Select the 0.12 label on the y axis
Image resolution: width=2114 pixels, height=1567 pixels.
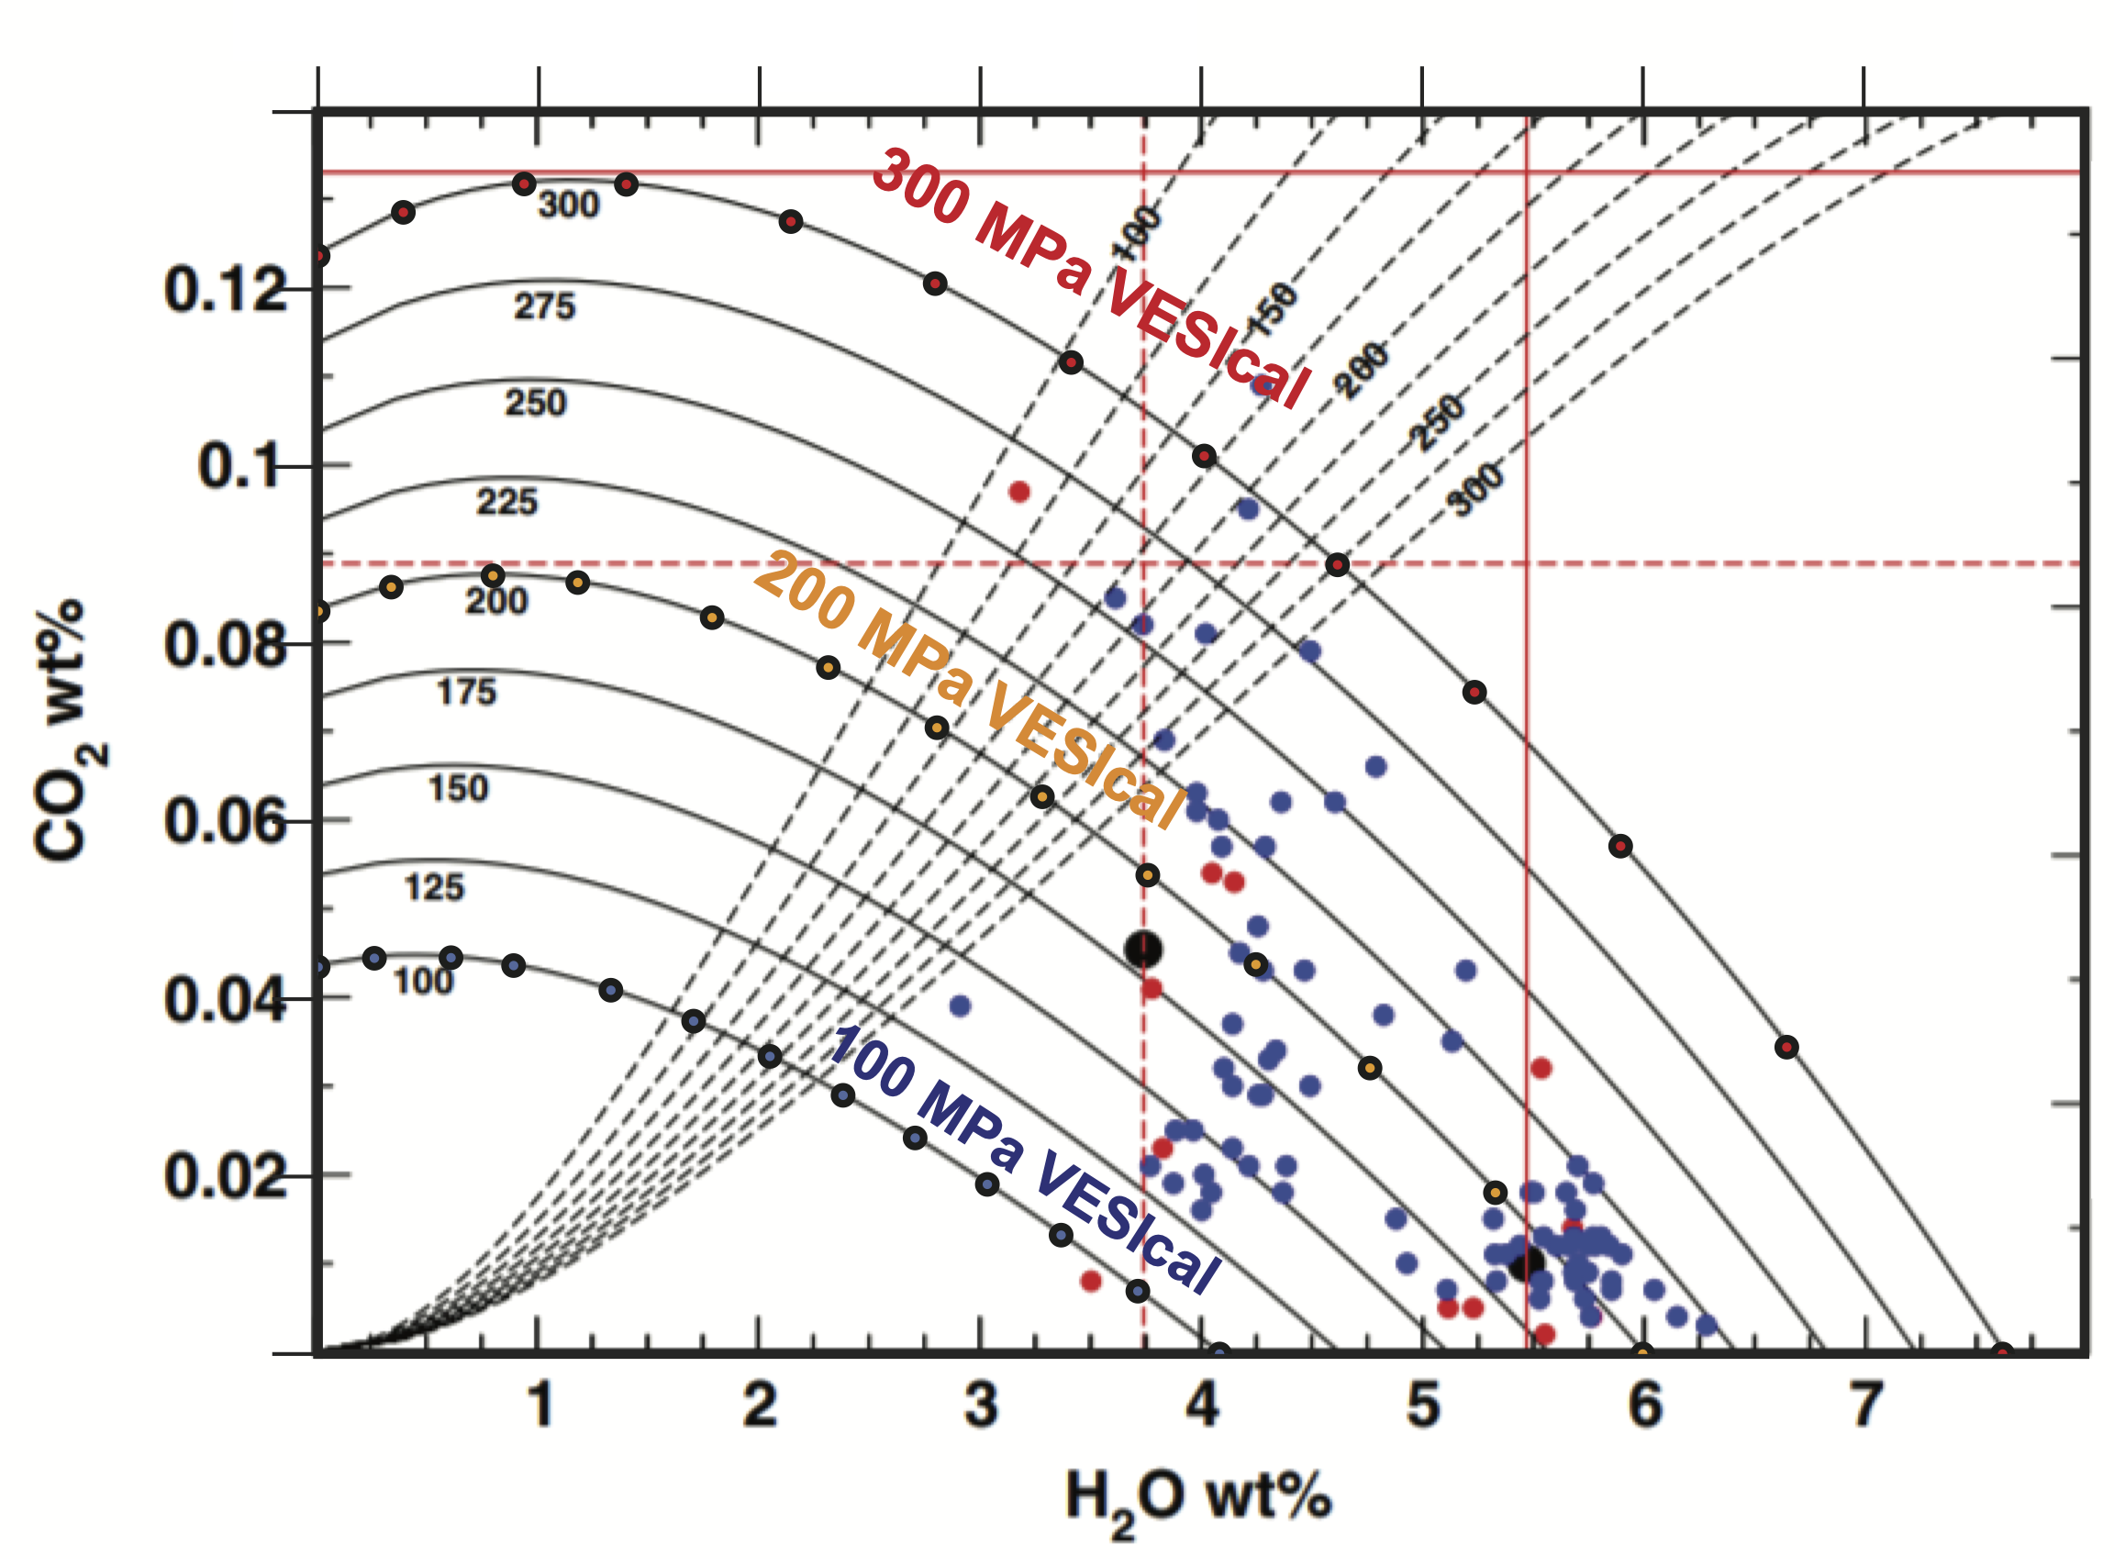(224, 289)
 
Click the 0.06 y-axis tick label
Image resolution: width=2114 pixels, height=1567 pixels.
(224, 821)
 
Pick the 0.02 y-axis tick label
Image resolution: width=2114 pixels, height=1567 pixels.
(224, 1176)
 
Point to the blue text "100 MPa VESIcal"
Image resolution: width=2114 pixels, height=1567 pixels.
(1024, 1159)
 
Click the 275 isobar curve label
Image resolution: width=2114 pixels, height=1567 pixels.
(544, 306)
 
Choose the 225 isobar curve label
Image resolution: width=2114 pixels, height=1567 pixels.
(506, 502)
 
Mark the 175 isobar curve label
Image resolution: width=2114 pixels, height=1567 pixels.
(466, 693)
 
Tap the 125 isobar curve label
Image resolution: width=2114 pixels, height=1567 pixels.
(434, 888)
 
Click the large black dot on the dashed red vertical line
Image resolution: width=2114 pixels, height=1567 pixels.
(1143, 949)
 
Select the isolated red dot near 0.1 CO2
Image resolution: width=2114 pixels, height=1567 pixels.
(1019, 492)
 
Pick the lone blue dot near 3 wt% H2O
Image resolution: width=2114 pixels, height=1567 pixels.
(960, 1006)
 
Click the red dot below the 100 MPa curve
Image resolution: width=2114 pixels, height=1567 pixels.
(1091, 1282)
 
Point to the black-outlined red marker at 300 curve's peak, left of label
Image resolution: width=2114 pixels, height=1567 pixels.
(524, 184)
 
